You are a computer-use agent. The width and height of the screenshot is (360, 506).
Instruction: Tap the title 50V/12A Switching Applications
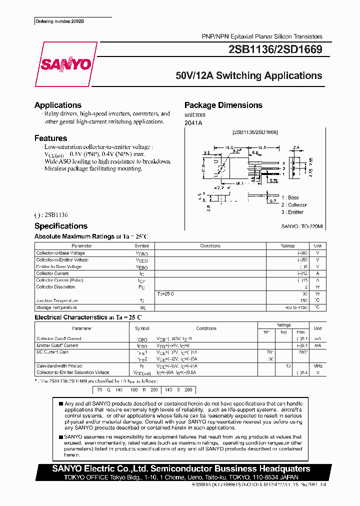coord(248,76)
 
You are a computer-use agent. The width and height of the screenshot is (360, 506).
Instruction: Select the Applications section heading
coord(58,105)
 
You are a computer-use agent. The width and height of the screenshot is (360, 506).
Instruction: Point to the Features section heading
coord(50,138)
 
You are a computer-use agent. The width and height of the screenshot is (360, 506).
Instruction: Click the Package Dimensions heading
coord(223,105)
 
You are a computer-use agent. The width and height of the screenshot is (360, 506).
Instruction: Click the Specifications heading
coord(61,226)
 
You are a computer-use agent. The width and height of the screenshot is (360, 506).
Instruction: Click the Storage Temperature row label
coord(56,307)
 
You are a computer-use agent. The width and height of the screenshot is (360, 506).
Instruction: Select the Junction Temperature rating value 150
coord(303,300)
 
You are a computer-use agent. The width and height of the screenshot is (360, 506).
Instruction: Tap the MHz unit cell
coord(317,366)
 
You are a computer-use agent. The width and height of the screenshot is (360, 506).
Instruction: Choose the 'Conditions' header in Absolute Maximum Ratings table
coord(210,246)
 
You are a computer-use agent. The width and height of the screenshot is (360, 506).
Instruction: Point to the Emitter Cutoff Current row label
coord(57,345)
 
